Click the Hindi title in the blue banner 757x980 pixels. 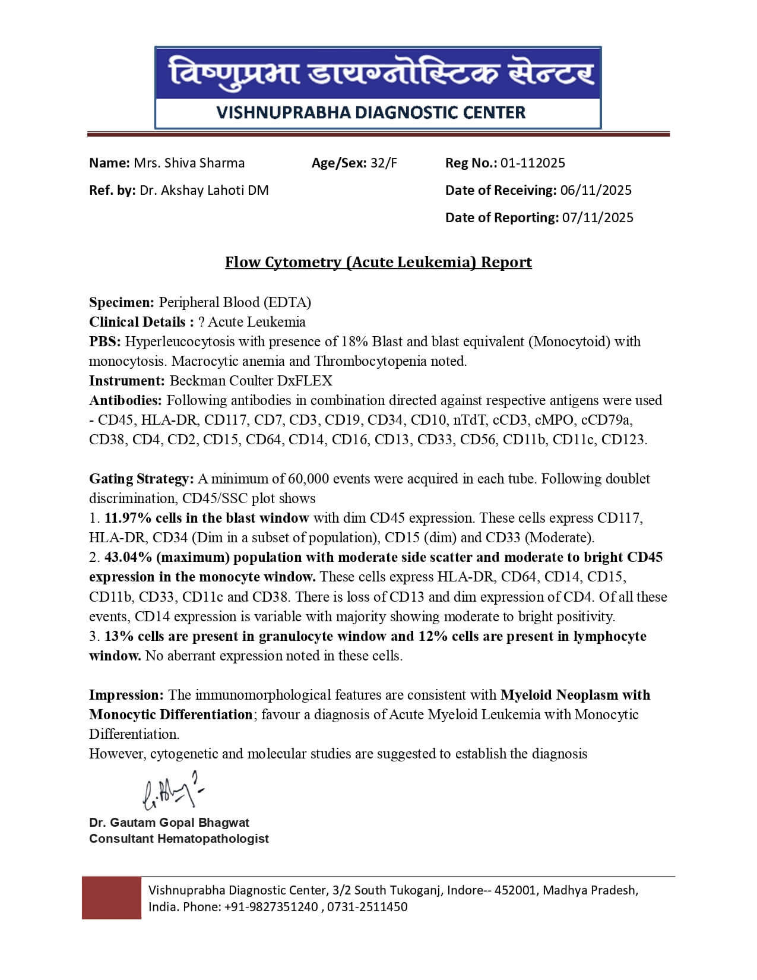pos(378,74)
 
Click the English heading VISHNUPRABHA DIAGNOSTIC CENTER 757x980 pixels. pos(371,112)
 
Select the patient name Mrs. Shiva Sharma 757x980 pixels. pos(189,163)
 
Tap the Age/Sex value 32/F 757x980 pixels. pos(384,163)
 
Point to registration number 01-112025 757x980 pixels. pos(533,163)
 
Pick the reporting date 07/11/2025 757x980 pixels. pos(598,217)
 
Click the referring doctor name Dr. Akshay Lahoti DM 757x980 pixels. pos(204,190)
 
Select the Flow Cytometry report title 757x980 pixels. pos(378,262)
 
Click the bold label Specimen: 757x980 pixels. pos(122,302)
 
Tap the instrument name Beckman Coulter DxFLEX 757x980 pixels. pos(251,381)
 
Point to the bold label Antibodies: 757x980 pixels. pos(125,400)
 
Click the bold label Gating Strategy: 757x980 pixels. pos(141,479)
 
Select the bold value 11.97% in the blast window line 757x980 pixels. pos(126,518)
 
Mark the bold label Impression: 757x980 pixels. pos(126,695)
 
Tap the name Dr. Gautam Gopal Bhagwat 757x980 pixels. pos(169,823)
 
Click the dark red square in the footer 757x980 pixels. pos(112,897)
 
